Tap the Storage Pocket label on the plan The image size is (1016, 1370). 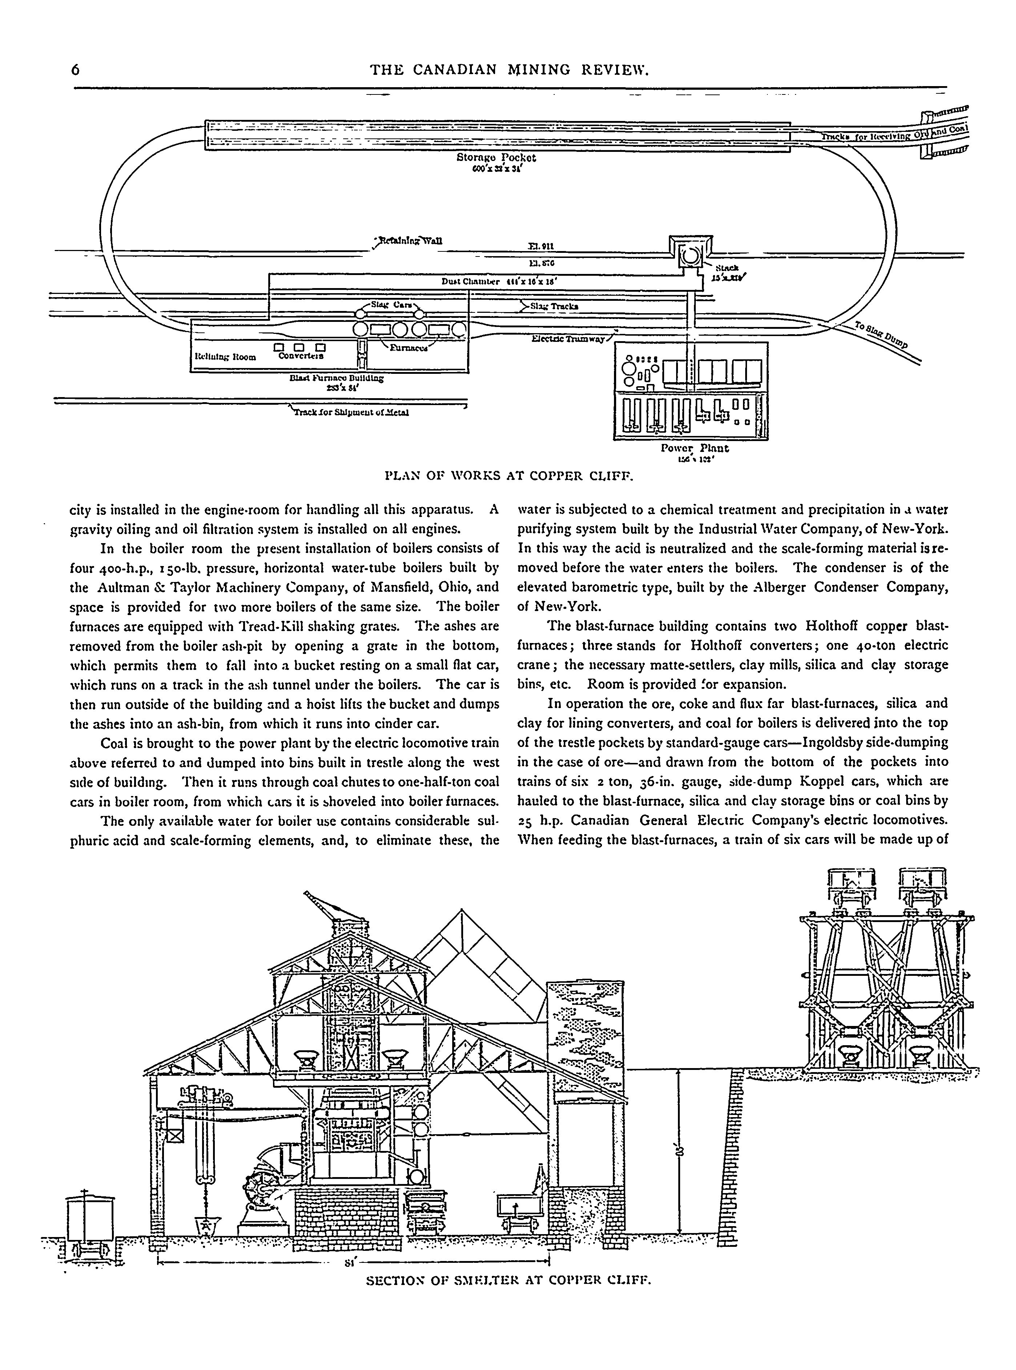click(x=496, y=157)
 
